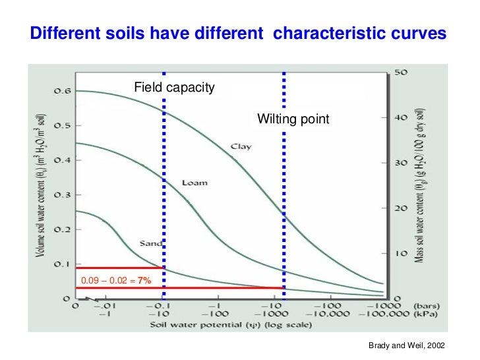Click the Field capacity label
174,87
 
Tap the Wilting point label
293,119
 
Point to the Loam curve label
195,183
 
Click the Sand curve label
151,243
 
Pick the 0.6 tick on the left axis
63,91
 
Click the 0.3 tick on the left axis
63,195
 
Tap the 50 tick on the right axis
401,73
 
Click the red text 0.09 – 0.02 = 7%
116,282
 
